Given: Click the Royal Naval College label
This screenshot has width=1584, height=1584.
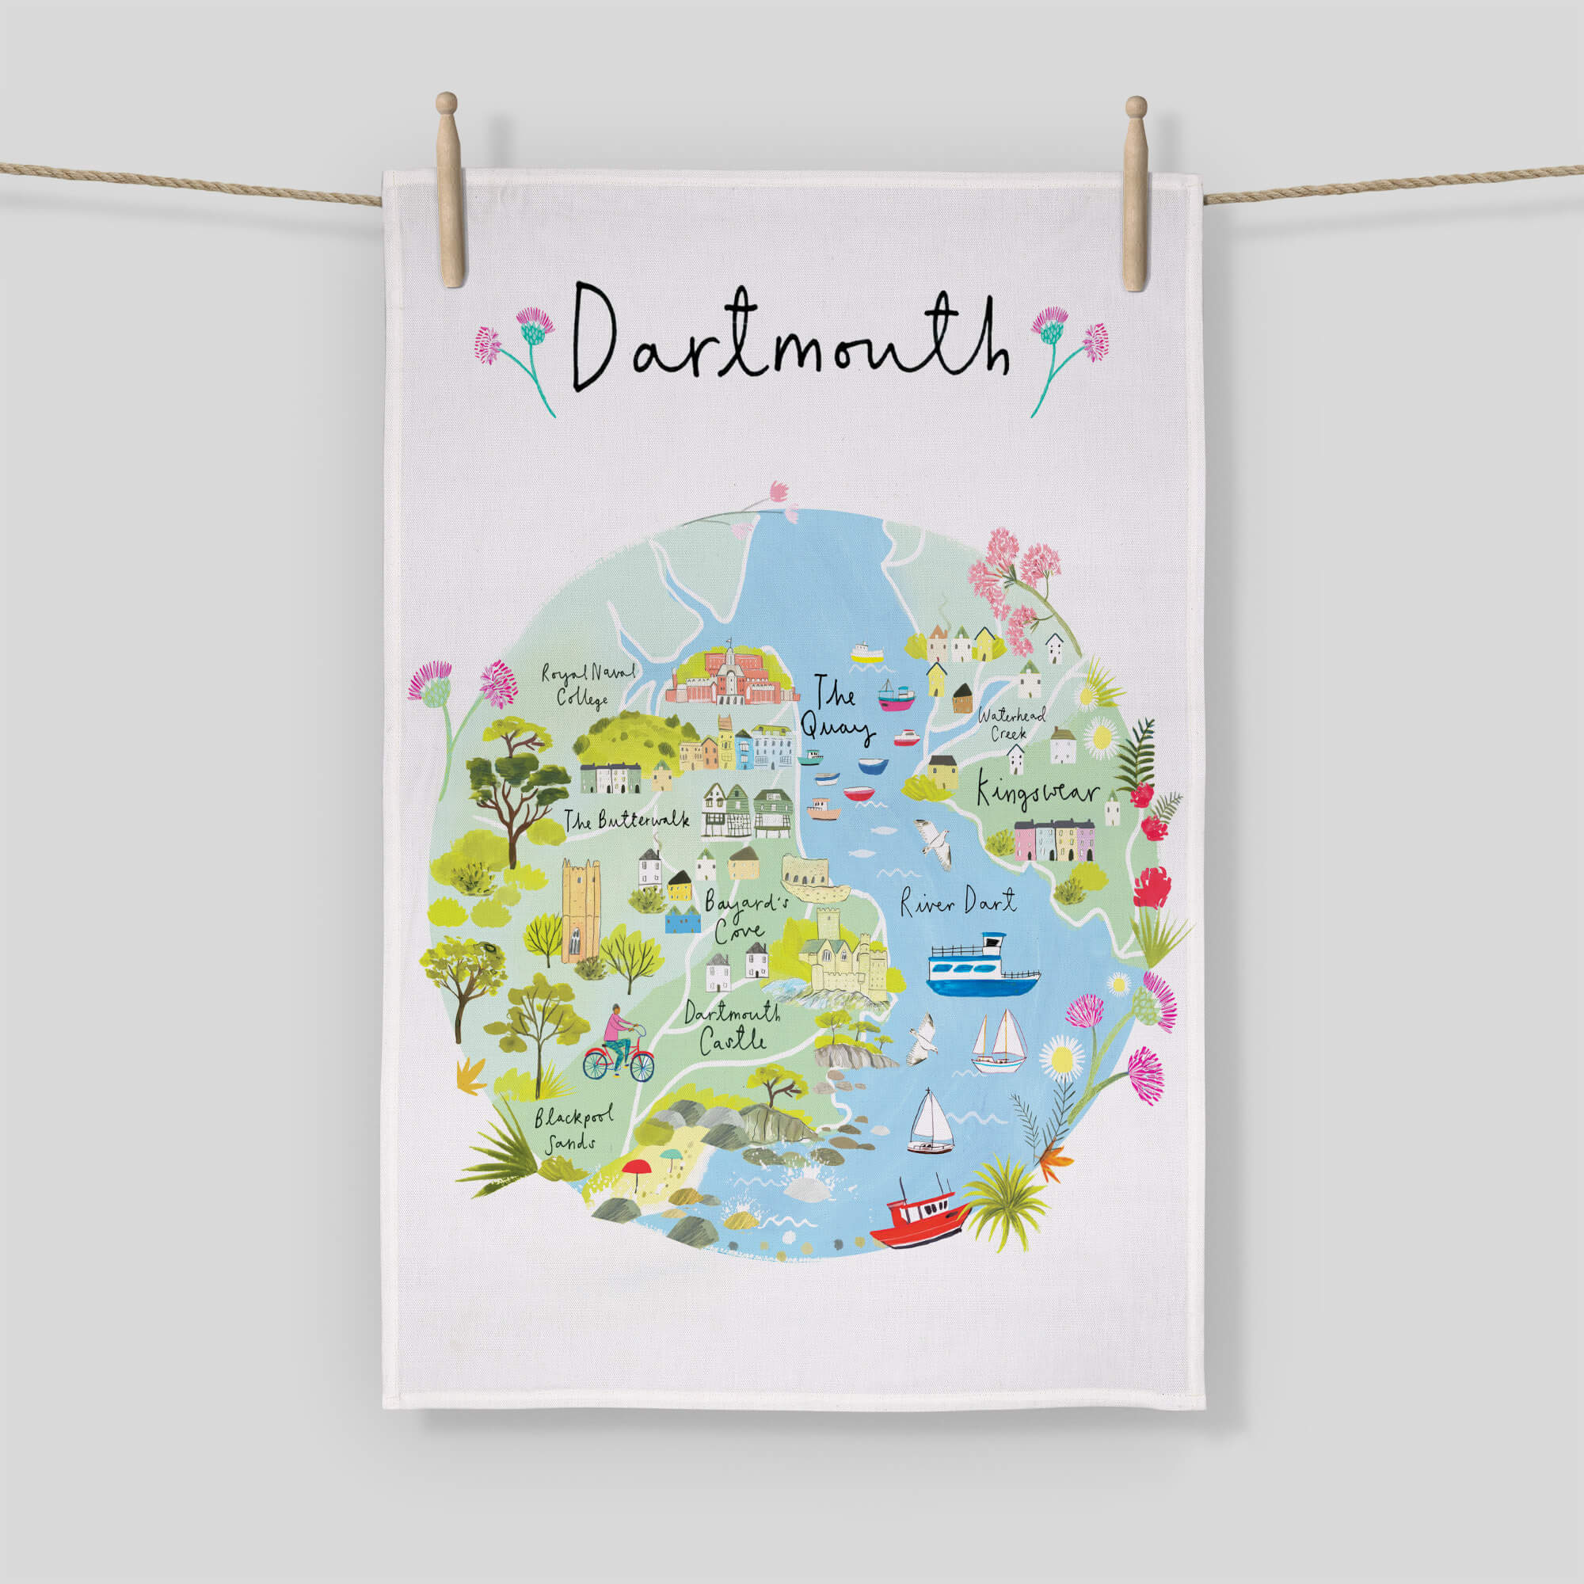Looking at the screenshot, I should tap(587, 684).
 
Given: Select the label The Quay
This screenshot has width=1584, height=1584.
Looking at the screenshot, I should tap(836, 713).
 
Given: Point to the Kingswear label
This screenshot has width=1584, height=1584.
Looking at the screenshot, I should tap(1036, 793).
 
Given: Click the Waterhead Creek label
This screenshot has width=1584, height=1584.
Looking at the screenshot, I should tap(1010, 723).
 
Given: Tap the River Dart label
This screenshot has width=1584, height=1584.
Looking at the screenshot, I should tap(958, 903).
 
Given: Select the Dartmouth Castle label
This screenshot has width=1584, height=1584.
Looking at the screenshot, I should tap(732, 1026).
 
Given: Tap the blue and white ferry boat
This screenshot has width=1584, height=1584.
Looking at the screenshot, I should tap(982, 969).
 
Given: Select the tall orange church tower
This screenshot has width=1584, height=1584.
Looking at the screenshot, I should tap(581, 909).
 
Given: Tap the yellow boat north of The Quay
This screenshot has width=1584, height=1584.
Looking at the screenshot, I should tap(866, 653).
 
